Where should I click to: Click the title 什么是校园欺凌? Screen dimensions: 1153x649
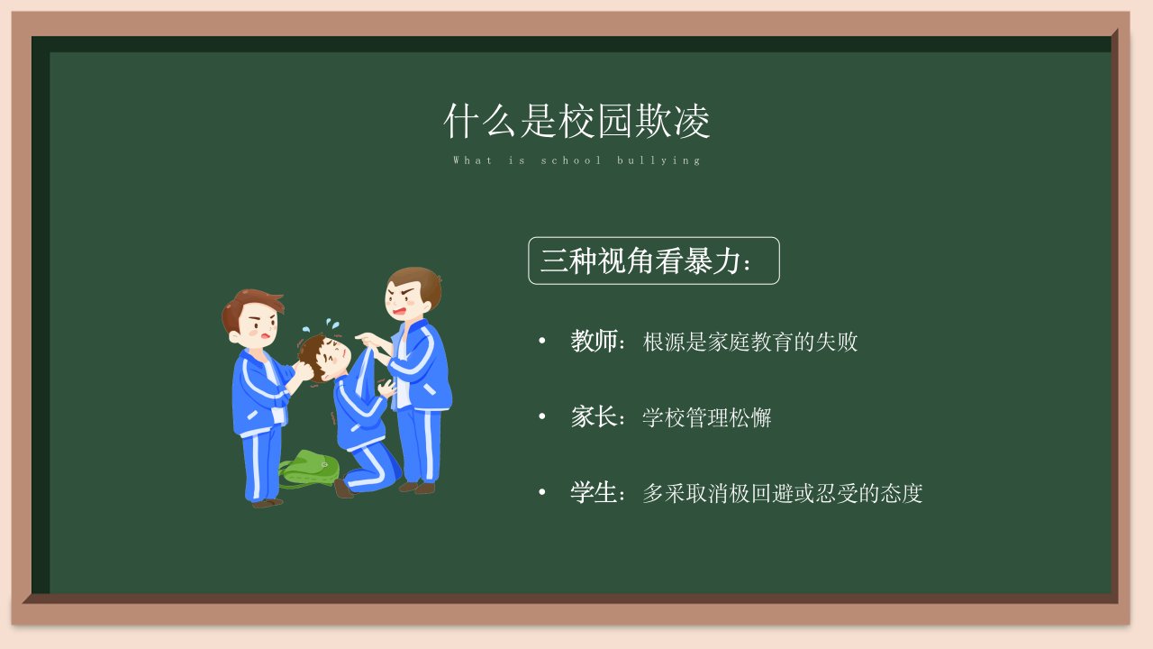(x=576, y=121)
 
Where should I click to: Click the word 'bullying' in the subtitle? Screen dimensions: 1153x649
(x=658, y=160)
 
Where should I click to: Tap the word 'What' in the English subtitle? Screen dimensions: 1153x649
(x=473, y=160)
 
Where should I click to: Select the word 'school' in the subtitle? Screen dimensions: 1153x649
(x=571, y=160)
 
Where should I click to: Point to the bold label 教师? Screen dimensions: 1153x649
(x=594, y=341)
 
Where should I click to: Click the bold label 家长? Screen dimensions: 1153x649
(x=594, y=416)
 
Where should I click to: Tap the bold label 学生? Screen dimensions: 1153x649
(x=594, y=492)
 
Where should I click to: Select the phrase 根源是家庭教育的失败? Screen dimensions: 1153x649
(x=750, y=342)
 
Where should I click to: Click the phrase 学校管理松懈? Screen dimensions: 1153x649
(x=707, y=417)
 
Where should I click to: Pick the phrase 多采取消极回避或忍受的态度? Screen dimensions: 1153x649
(x=783, y=493)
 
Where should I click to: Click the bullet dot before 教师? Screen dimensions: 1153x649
(x=541, y=341)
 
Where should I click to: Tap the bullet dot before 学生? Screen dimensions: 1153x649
(x=541, y=492)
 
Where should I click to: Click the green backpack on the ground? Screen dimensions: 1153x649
(x=309, y=468)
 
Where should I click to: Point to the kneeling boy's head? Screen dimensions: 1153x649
(x=324, y=356)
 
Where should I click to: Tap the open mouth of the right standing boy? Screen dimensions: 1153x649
(x=399, y=311)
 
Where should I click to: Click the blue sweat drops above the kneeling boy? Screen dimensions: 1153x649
(x=322, y=325)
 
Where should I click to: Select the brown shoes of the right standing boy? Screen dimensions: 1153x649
(x=417, y=488)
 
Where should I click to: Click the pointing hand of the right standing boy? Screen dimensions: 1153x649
(x=367, y=340)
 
